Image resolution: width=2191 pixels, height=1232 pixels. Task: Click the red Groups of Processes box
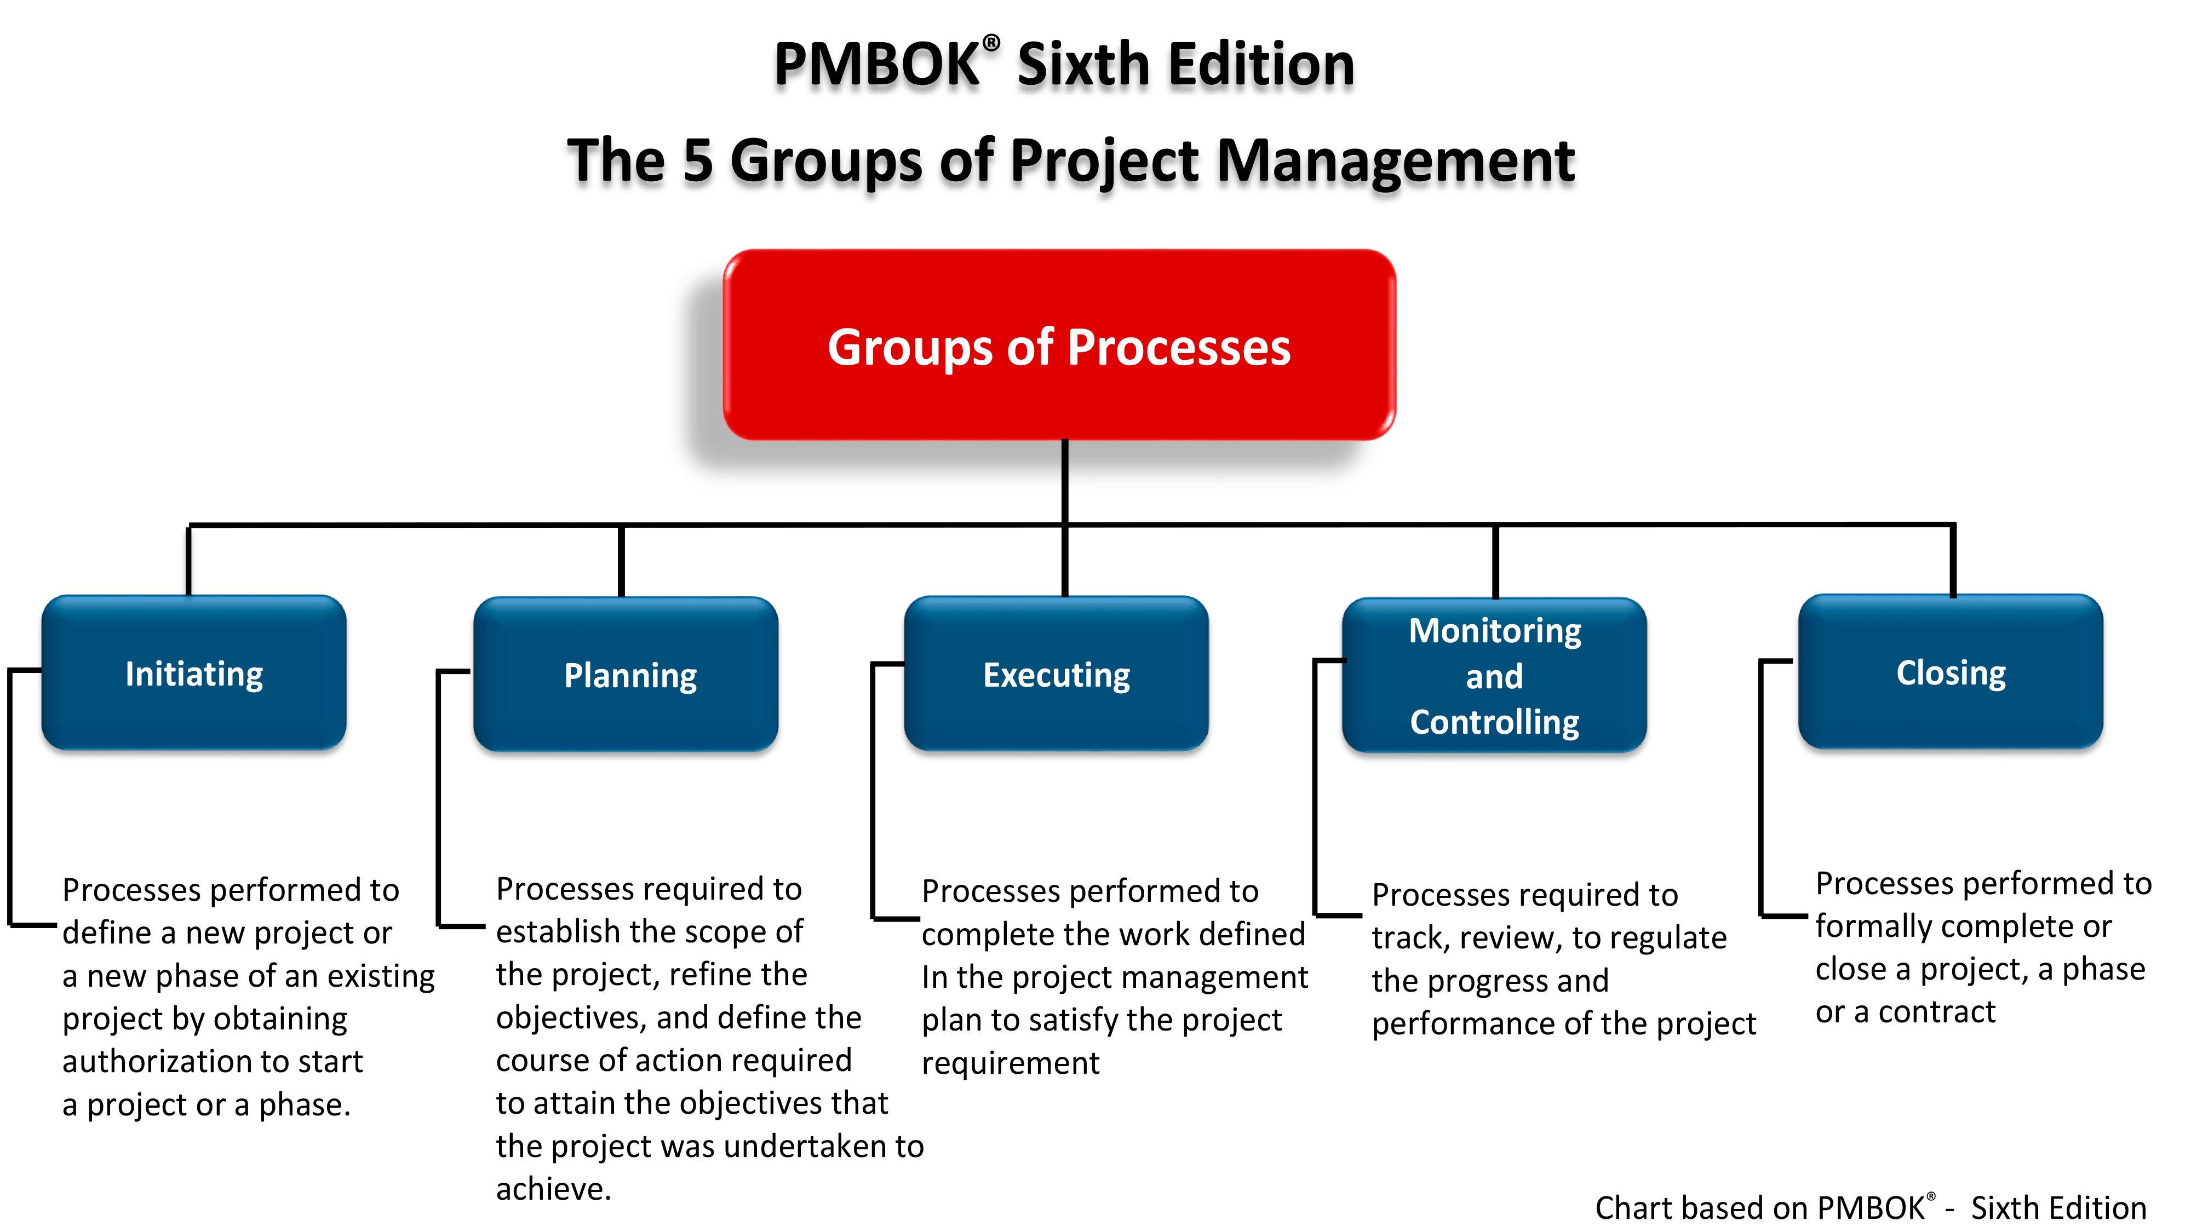1059,344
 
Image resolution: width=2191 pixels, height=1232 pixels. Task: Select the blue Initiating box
194,673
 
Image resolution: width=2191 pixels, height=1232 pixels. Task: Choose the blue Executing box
1057,675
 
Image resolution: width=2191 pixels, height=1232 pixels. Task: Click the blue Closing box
1951,672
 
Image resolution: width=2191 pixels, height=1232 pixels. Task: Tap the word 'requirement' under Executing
1011,1064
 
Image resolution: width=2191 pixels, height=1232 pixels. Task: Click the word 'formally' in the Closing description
1874,927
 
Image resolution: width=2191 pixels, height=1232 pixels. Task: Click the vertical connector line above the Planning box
621,561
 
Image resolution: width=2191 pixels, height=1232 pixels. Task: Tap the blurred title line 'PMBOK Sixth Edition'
1063,72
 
